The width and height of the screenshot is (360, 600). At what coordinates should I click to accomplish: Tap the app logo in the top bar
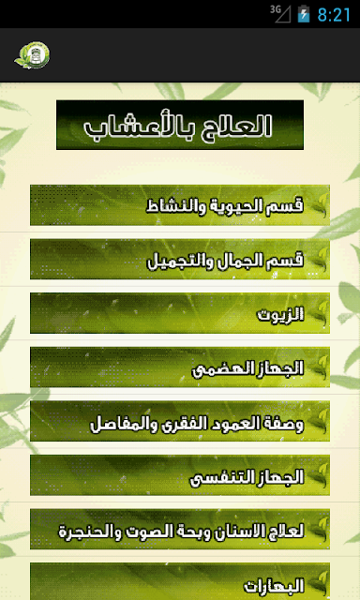click(x=32, y=55)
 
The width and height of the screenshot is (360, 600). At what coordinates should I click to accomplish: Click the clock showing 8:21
click(x=334, y=15)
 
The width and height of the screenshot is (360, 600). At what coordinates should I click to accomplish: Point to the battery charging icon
click(x=304, y=14)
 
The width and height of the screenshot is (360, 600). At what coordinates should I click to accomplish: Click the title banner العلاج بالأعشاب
click(x=180, y=125)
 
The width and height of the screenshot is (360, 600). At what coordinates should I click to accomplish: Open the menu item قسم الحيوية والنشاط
click(x=180, y=205)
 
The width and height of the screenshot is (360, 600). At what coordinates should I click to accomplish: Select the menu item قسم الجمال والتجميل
click(x=180, y=260)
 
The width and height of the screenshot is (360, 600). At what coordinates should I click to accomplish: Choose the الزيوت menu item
click(x=180, y=313)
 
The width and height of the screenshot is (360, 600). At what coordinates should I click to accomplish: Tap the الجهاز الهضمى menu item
click(x=180, y=367)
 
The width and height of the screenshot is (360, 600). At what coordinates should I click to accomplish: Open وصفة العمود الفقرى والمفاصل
click(x=180, y=421)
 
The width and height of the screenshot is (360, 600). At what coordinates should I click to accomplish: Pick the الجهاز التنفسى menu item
click(x=180, y=475)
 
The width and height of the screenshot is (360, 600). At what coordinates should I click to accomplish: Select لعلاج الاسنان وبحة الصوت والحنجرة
click(x=180, y=529)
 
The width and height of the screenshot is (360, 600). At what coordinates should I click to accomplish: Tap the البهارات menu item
click(x=180, y=581)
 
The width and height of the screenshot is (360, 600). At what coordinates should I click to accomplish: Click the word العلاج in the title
click(x=233, y=125)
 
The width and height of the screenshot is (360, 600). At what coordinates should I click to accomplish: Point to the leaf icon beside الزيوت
click(x=319, y=313)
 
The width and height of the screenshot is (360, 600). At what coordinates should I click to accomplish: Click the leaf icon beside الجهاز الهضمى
click(x=319, y=367)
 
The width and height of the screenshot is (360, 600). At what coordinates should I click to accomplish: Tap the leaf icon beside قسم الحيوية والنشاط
click(x=319, y=205)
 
